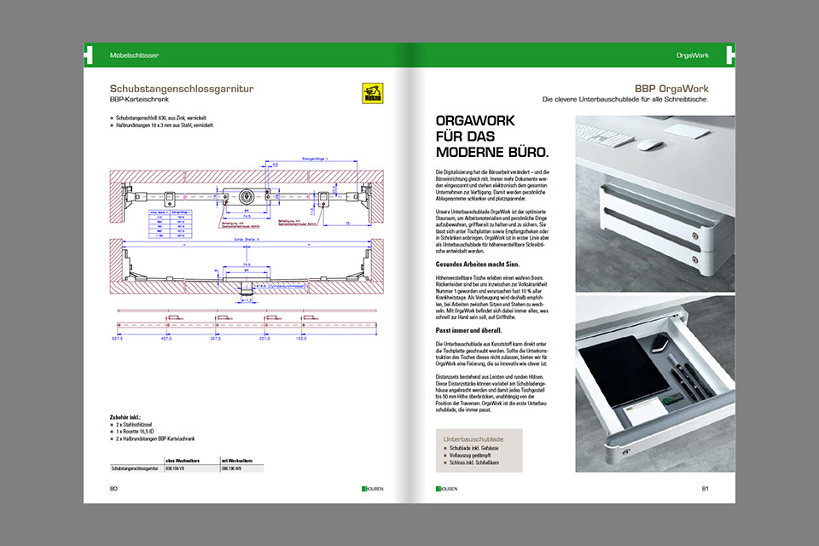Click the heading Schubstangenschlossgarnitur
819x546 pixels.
(182, 88)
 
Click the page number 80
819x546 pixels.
(113, 489)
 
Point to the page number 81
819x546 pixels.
(706, 489)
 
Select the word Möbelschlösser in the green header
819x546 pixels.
(135, 55)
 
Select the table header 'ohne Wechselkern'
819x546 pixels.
(181, 461)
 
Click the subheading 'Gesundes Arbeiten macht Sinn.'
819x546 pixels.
(473, 264)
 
